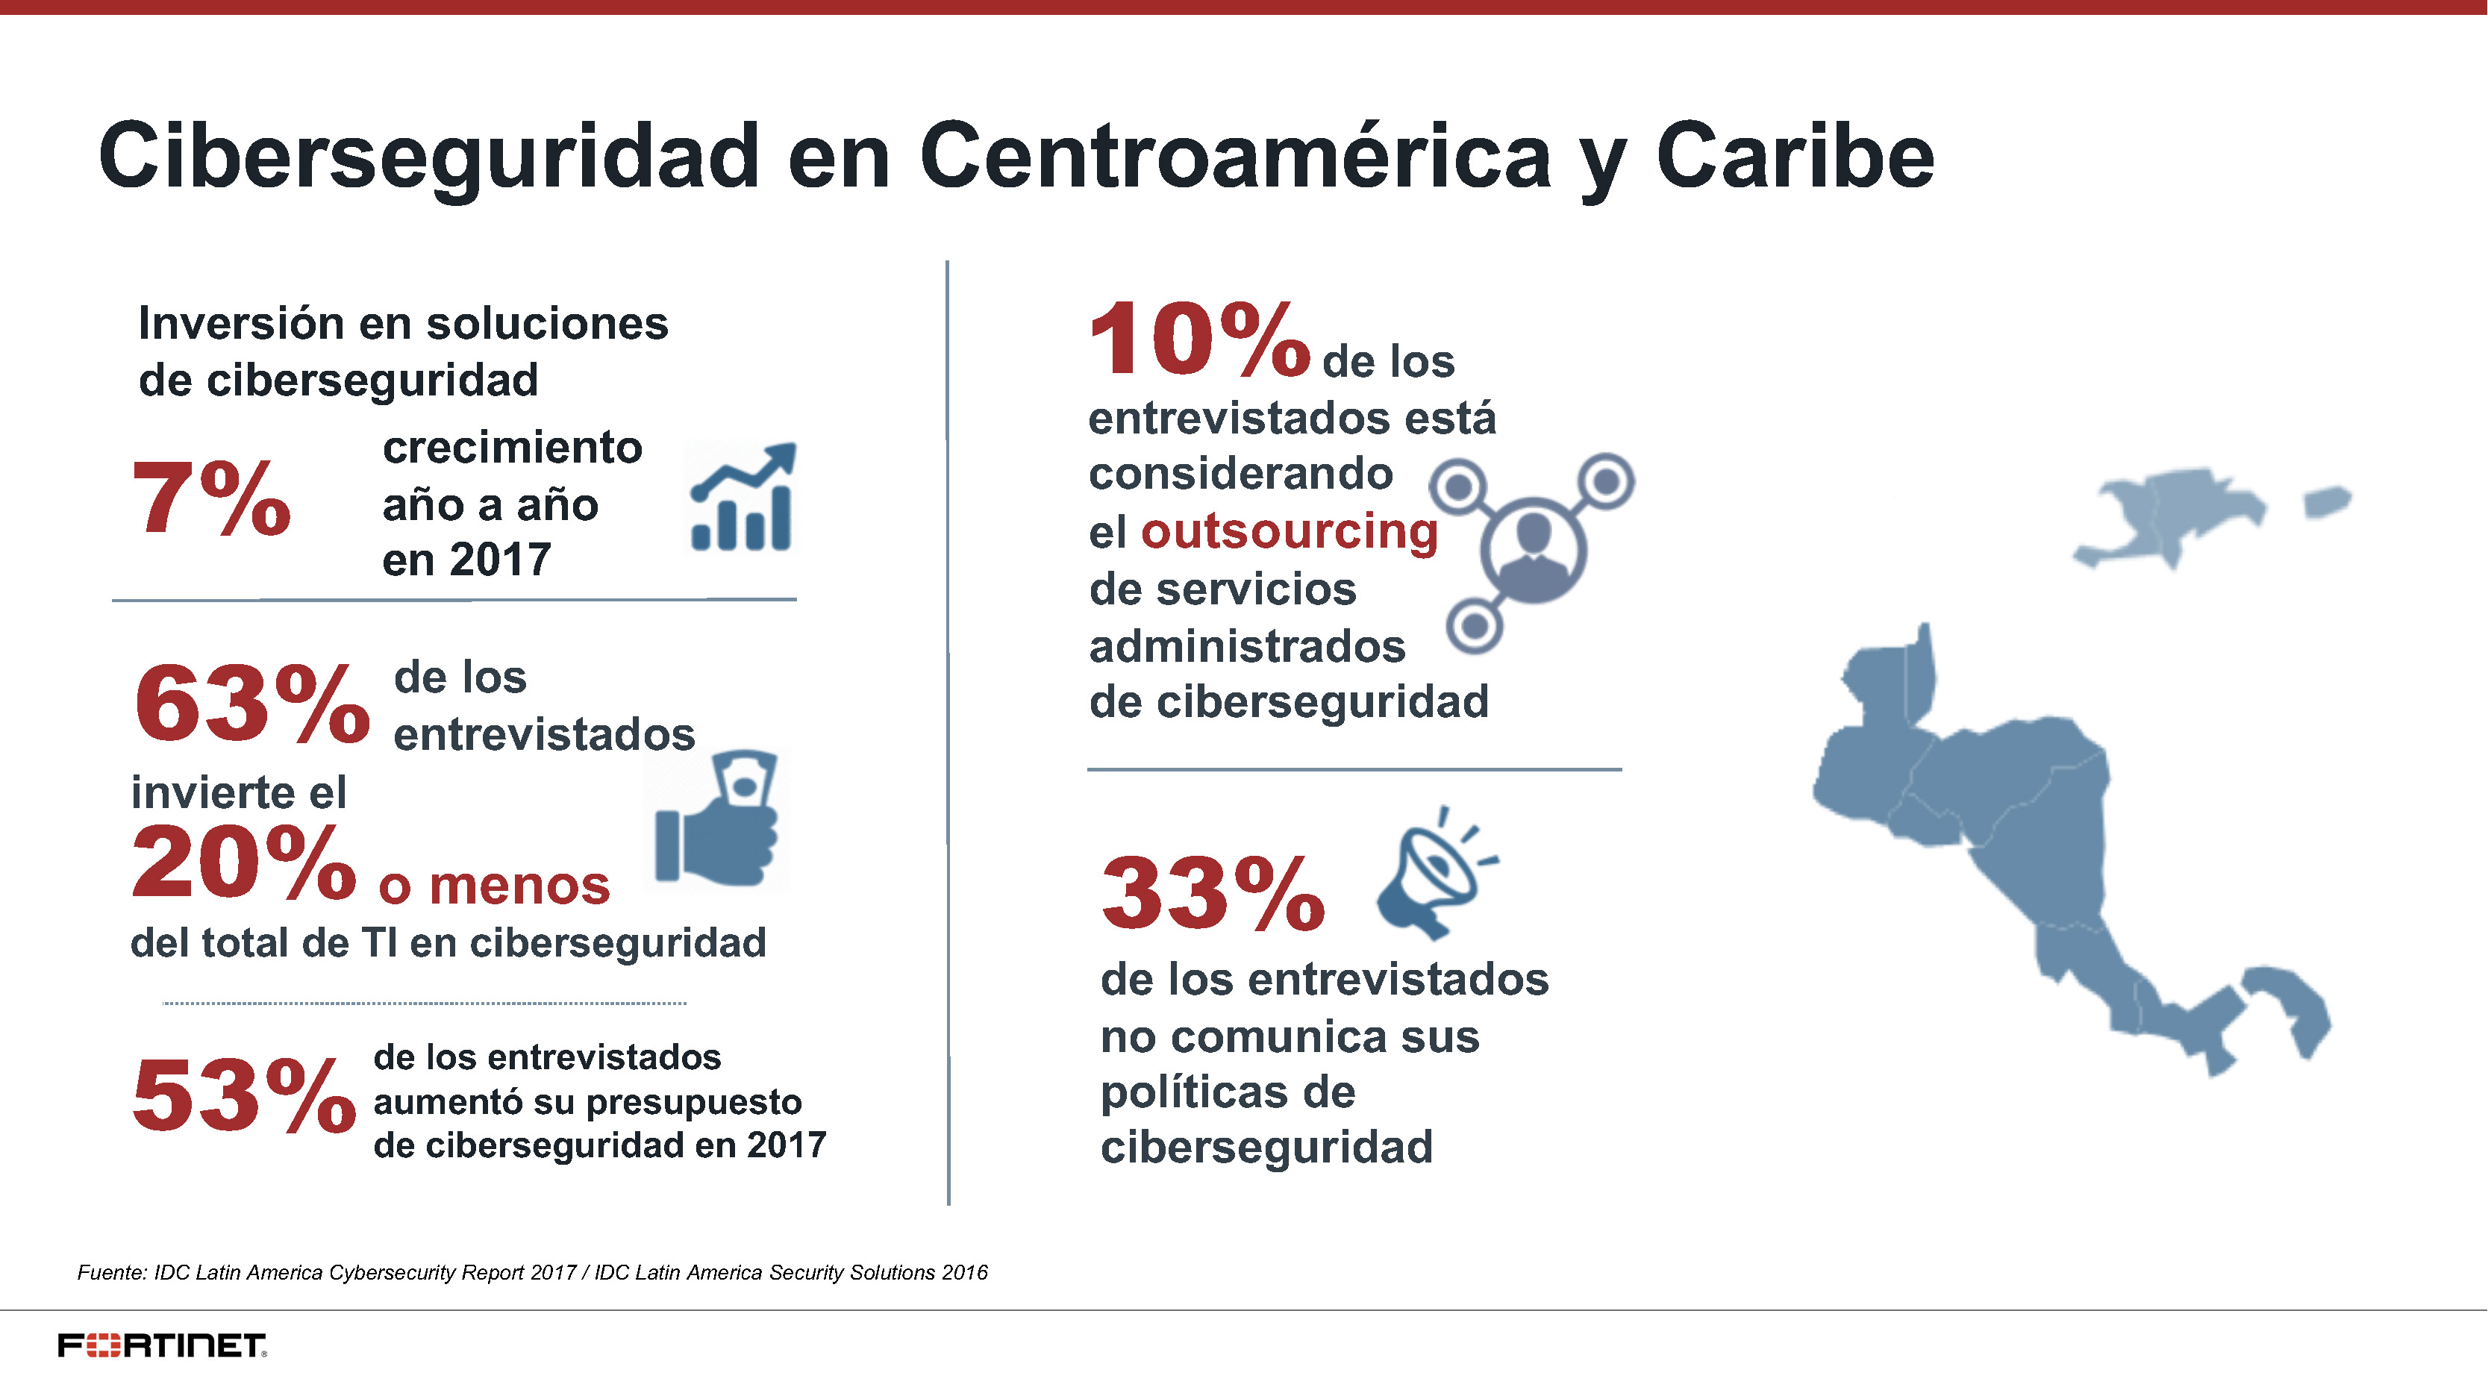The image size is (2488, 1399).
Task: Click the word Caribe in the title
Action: point(1795,157)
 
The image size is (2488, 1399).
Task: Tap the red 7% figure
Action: point(210,498)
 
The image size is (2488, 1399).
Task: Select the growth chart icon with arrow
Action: point(742,498)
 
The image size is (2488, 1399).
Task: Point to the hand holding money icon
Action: point(716,819)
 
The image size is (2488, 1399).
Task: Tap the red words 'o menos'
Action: point(493,886)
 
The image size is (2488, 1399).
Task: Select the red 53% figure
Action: point(243,1096)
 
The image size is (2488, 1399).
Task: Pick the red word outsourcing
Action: point(1290,531)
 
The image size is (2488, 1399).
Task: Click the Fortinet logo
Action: point(162,1345)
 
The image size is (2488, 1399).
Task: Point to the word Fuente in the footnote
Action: point(111,1272)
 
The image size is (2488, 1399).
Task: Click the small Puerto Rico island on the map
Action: point(2327,502)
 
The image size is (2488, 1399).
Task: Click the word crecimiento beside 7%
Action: point(512,448)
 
